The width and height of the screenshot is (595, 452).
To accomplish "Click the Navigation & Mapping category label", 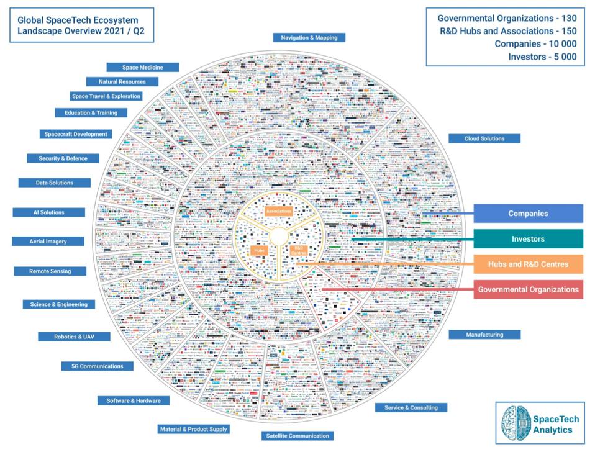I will pyautogui.click(x=309, y=37).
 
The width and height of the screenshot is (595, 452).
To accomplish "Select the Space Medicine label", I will pyautogui.click(x=143, y=67).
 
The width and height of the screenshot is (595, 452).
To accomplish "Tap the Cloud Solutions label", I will pyautogui.click(x=484, y=138).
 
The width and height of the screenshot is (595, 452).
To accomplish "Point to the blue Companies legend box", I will pyautogui.click(x=528, y=214).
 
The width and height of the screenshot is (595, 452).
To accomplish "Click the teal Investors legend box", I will pyautogui.click(x=528, y=239).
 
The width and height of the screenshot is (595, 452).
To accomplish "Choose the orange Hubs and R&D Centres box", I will pyautogui.click(x=528, y=264).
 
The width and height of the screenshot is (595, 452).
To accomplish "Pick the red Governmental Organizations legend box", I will pyautogui.click(x=528, y=289).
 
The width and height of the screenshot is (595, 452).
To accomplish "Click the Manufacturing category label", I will pyautogui.click(x=484, y=335).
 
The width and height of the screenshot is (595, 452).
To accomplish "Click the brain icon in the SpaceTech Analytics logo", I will pyautogui.click(x=515, y=423).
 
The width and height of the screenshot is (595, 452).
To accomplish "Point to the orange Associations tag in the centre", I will pyautogui.click(x=279, y=212).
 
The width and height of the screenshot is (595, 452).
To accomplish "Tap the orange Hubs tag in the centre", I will pyautogui.click(x=258, y=251).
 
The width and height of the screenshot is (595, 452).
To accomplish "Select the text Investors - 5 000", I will pyautogui.click(x=542, y=56).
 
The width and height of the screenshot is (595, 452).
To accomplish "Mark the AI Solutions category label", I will pyautogui.click(x=48, y=212).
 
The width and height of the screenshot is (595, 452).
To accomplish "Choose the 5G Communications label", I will pyautogui.click(x=93, y=366).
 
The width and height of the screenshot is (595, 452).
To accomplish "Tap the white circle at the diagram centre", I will pyautogui.click(x=278, y=236).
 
